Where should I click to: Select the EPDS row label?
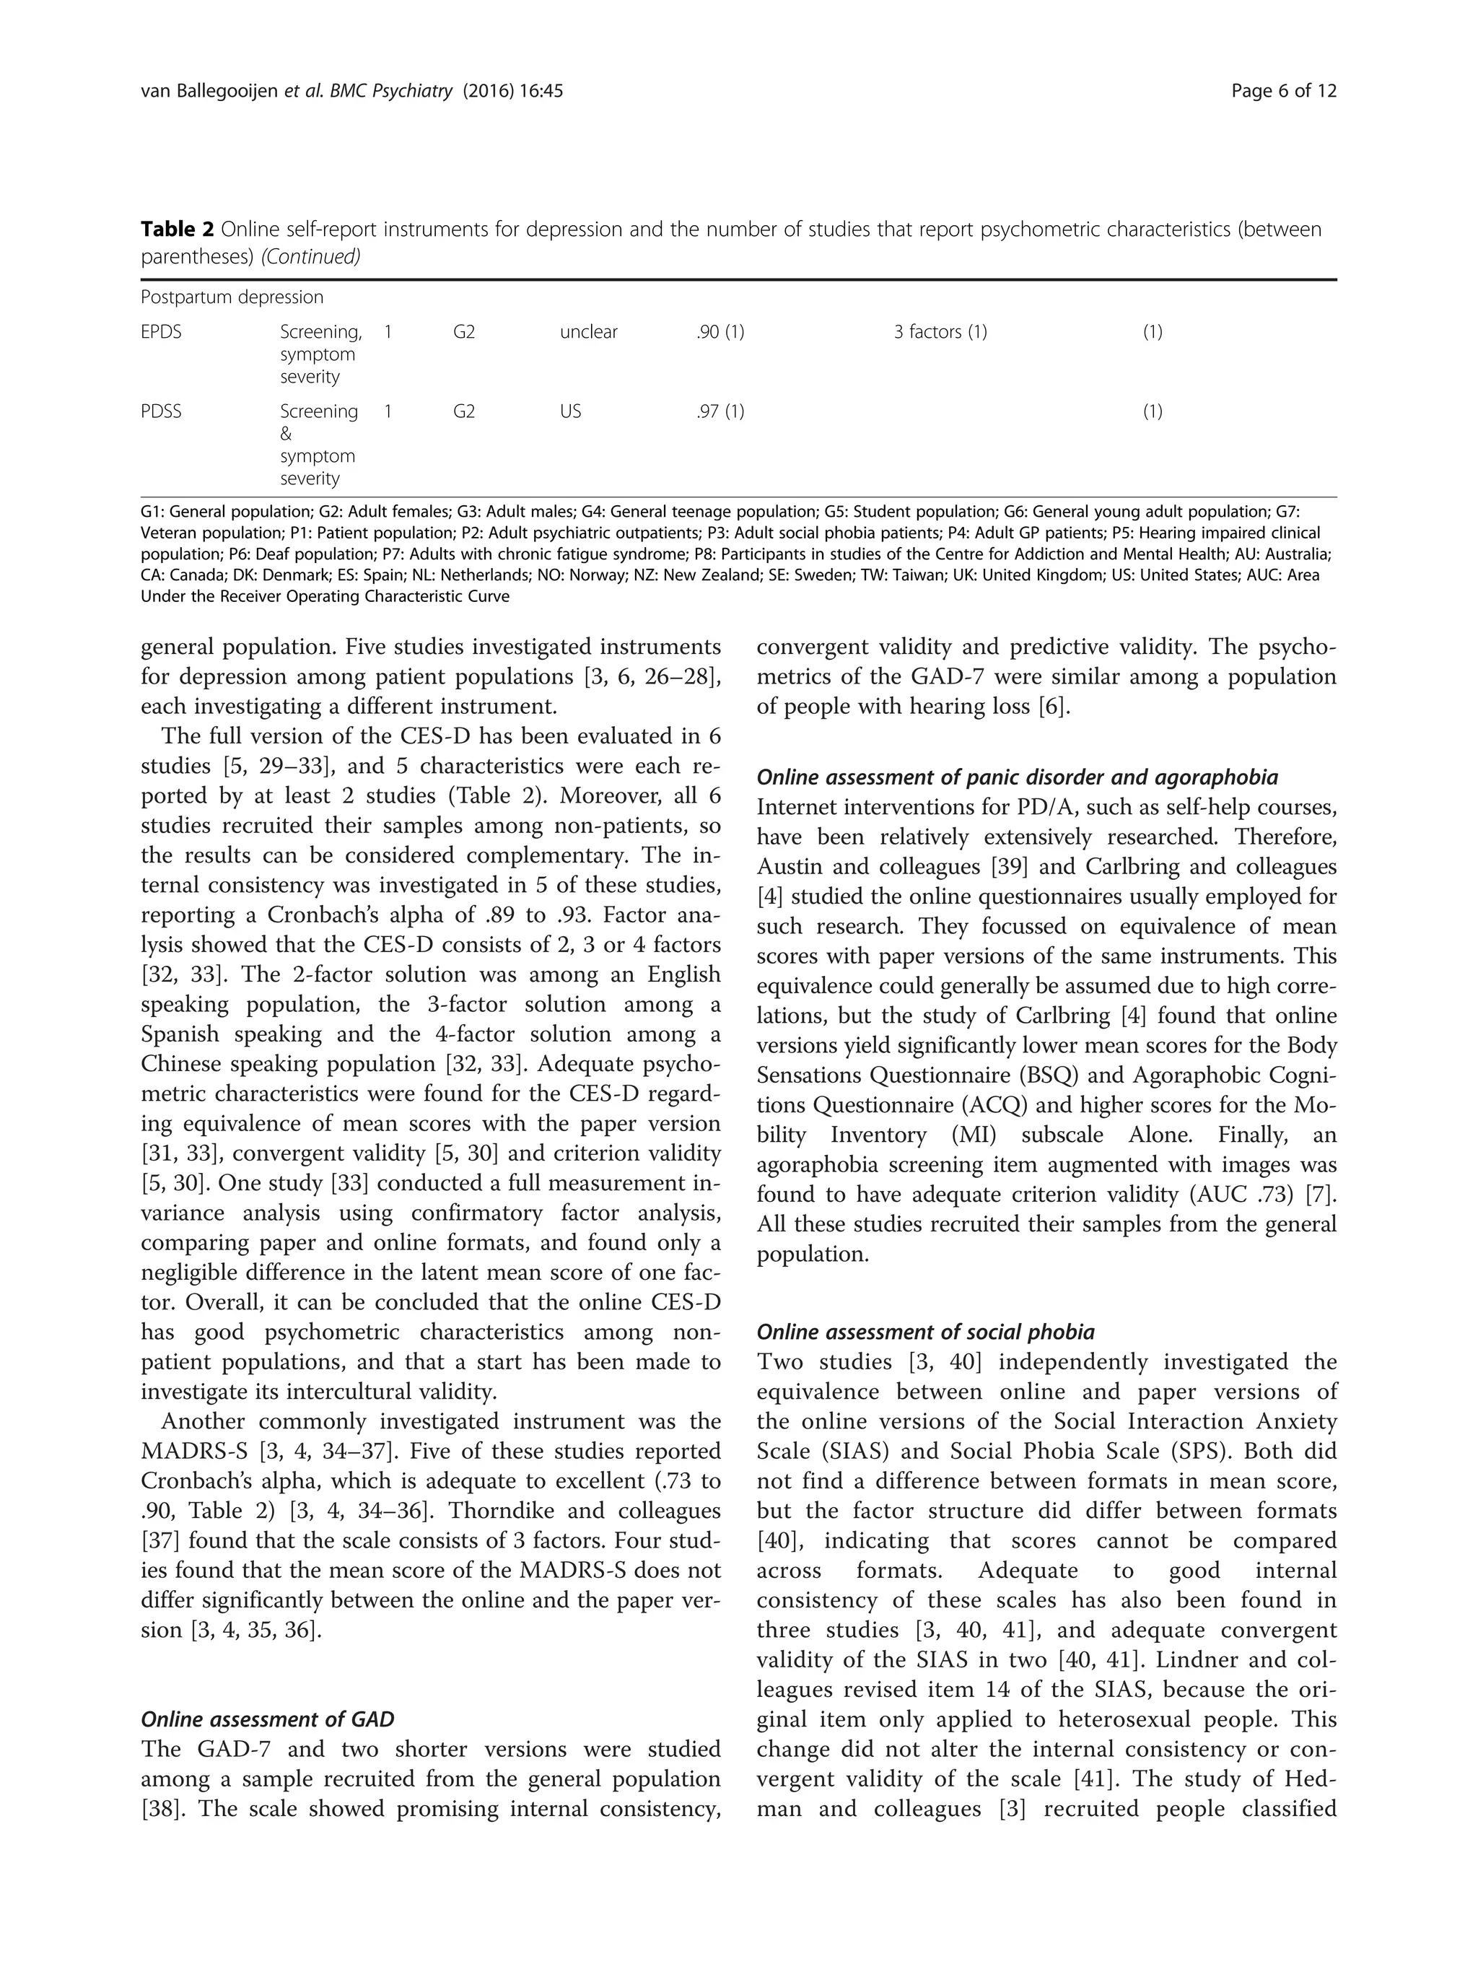tap(161, 332)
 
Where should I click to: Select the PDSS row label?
tap(161, 412)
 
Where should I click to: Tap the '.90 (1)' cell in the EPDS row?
tap(720, 332)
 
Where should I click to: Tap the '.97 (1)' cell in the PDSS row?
tap(720, 412)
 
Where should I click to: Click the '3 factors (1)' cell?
tap(940, 332)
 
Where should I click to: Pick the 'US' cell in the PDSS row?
tap(570, 412)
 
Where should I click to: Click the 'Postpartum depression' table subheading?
tap(232, 297)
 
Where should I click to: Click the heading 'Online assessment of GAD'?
tap(267, 1720)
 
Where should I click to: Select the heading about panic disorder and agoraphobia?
tap(1016, 778)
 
